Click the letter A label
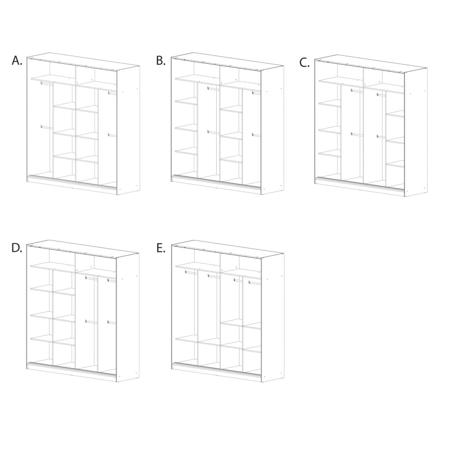coord(17,60)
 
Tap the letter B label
coord(161,61)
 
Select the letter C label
coord(304,63)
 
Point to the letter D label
coord(17,248)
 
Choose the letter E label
coord(161,248)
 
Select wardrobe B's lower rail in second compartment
coord(214,132)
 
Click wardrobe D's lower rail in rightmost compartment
coord(111,322)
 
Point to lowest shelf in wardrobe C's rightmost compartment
coord(395,165)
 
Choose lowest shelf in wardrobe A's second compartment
coord(65,157)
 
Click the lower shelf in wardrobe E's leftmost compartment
coord(187,340)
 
